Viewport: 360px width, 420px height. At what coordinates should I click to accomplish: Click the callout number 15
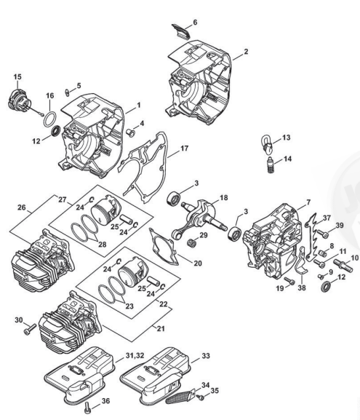coord(17,76)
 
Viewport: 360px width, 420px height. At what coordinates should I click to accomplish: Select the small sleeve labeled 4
coord(131,132)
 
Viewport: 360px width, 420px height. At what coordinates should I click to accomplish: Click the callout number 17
coord(185,148)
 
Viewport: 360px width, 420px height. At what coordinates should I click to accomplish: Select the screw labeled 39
coord(324,234)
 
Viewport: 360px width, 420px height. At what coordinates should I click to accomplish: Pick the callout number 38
coord(302,288)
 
